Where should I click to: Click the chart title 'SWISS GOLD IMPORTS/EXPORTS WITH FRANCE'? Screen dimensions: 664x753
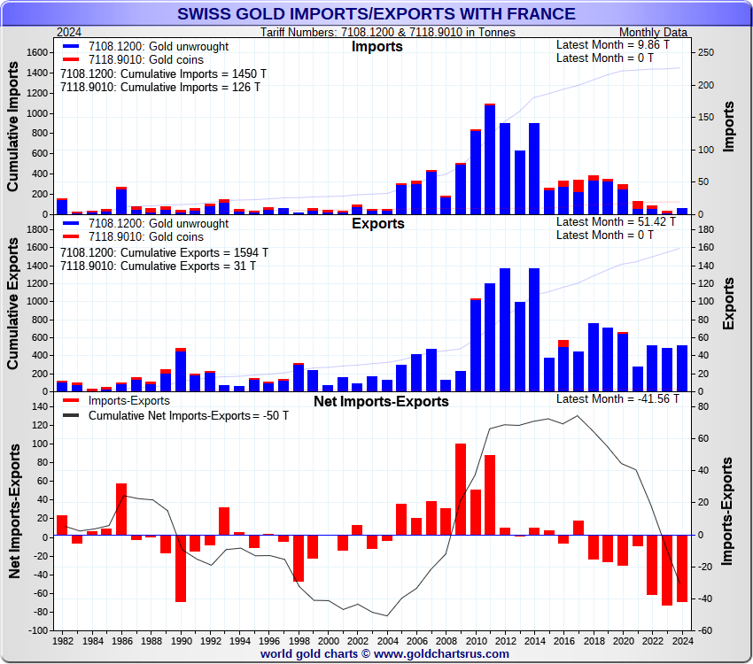click(376, 13)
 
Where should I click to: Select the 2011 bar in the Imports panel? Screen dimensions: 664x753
click(490, 159)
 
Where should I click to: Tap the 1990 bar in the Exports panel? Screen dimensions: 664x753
click(181, 370)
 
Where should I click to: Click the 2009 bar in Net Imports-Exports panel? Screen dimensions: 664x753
click(461, 490)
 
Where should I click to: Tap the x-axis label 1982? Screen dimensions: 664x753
click(63, 640)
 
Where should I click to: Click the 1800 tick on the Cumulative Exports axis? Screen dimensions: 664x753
click(38, 229)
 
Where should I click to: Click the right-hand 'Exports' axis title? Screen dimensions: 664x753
click(728, 304)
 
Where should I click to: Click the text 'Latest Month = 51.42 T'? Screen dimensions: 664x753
click(617, 221)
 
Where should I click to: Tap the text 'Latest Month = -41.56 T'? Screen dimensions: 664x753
click(617, 398)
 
